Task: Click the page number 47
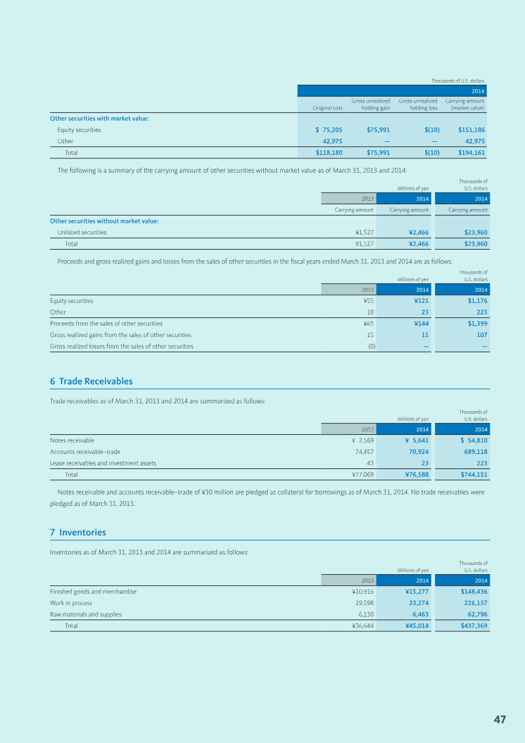(499, 719)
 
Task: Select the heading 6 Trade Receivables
(91, 381)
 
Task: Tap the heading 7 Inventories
(78, 532)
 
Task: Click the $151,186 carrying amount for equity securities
(471, 130)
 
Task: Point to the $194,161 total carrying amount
(471, 152)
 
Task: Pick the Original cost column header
(327, 108)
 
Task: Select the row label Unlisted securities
(82, 233)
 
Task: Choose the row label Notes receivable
(72, 440)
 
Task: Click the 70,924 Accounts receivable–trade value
(419, 452)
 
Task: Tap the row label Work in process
(71, 603)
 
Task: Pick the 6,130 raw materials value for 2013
(364, 614)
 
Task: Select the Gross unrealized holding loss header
(418, 104)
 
